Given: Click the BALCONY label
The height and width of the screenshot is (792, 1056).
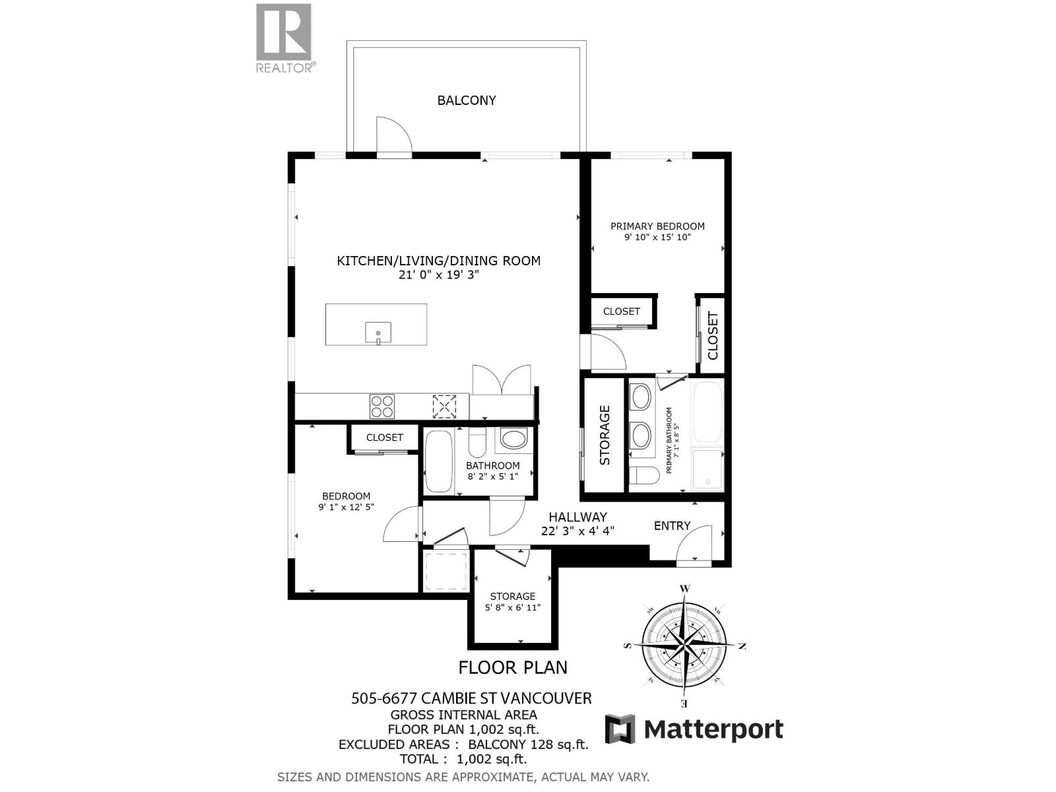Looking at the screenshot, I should (467, 100).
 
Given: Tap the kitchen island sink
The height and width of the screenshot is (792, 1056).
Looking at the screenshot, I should (378, 333).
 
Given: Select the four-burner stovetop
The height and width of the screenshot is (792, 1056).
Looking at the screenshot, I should (381, 406).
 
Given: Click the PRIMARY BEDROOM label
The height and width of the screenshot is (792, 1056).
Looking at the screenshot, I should (657, 226).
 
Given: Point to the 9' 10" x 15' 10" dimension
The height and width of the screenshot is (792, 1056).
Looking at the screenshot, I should (657, 237).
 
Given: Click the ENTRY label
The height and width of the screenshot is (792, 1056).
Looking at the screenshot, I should (672, 525).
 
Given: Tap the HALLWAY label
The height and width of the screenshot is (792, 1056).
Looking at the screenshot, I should (577, 517).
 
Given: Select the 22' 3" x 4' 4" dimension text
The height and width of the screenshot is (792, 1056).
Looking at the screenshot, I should (577, 531).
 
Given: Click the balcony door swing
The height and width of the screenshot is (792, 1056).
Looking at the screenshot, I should (393, 137).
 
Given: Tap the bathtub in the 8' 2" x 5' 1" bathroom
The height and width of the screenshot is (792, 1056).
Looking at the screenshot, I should (438, 461).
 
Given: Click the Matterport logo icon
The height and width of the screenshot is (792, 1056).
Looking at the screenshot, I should (620, 729).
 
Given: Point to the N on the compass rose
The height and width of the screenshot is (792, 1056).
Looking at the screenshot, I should (742, 645).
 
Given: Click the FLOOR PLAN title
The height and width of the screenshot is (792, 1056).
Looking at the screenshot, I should (513, 667).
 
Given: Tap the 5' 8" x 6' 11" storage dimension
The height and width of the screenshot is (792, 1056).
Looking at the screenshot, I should (513, 608).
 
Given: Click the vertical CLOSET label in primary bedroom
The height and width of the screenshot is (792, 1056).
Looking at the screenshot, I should (713, 335).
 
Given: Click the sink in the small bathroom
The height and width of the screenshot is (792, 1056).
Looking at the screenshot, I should (514, 438).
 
